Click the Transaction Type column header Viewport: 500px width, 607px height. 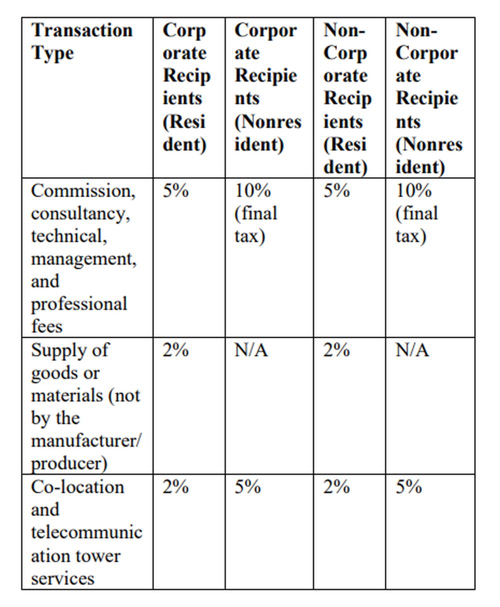81,42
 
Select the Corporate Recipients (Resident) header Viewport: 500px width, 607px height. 186,87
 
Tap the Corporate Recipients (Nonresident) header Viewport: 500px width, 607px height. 267,87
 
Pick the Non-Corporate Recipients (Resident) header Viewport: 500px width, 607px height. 347,98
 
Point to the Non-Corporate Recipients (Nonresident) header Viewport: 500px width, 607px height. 428,98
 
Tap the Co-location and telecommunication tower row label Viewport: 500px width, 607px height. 86,532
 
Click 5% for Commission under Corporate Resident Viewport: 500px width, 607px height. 175,191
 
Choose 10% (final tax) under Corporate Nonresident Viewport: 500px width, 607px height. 255,213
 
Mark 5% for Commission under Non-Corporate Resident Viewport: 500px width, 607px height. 335,191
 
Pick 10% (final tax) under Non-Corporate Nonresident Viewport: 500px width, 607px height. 416,213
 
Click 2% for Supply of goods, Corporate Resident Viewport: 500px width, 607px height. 175,350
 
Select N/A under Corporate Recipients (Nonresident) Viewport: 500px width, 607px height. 251,350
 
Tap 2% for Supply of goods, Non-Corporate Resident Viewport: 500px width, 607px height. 335,350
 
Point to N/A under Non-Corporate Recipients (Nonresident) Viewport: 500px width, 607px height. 412,350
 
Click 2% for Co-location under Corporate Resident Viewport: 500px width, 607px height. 175,487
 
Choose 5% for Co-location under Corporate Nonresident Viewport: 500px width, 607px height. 247,487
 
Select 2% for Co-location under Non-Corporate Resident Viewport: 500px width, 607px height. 335,487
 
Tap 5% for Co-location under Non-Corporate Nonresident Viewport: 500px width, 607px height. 408,487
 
